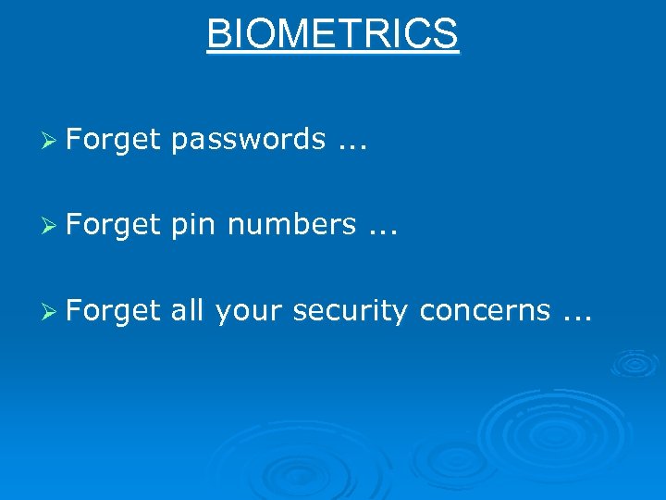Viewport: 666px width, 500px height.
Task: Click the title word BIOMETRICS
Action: (x=332, y=34)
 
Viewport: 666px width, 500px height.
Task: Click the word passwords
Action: (x=248, y=140)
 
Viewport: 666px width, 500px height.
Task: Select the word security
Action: (x=350, y=311)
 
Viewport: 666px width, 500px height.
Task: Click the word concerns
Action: (x=484, y=311)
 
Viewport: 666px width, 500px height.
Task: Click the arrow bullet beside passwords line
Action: (x=53, y=140)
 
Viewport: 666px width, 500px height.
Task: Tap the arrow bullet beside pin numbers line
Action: (x=53, y=225)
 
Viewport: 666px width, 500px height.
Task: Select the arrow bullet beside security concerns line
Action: (x=53, y=311)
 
